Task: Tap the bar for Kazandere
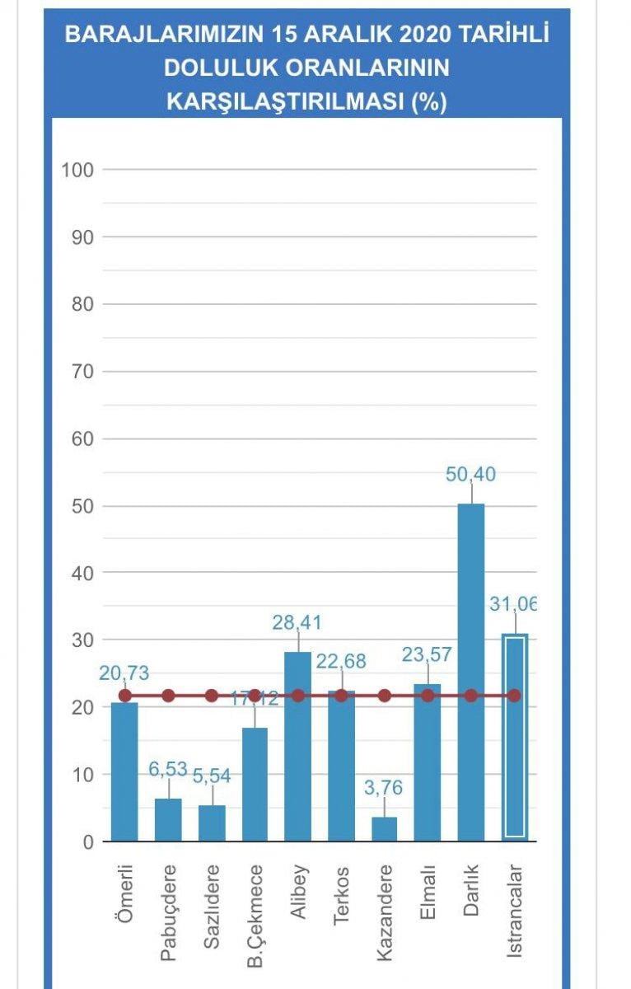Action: [x=384, y=828]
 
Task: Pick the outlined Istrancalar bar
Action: [x=514, y=738]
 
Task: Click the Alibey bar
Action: [x=297, y=746]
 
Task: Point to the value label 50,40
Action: [x=470, y=475]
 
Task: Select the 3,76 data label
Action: [x=384, y=787]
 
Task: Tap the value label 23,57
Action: [x=428, y=655]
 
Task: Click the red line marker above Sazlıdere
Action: [x=211, y=696]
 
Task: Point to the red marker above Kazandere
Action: [x=384, y=696]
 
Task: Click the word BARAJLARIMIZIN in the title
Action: [x=158, y=35]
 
